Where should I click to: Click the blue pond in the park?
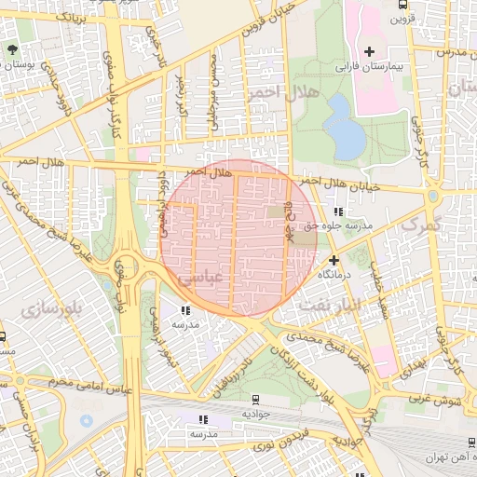[x=345, y=127]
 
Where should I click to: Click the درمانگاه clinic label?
[x=338, y=276]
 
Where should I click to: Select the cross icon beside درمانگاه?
[x=334, y=262]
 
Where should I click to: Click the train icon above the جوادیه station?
[x=252, y=398]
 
